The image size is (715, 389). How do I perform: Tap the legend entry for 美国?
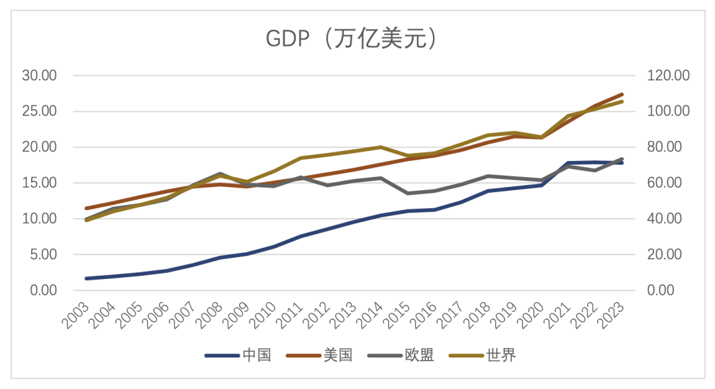pyautogui.click(x=338, y=355)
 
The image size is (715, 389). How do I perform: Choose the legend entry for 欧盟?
pyautogui.click(x=419, y=355)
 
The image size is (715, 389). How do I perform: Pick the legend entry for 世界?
pyautogui.click(x=501, y=355)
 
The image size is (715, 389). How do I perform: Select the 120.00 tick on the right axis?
pyautogui.click(x=668, y=76)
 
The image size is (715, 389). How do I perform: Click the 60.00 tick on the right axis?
pyautogui.click(x=665, y=183)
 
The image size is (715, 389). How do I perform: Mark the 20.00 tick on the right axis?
pyautogui.click(x=665, y=254)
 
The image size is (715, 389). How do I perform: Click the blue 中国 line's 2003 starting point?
pyautogui.click(x=87, y=278)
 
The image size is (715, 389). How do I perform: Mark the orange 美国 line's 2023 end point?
pyautogui.click(x=622, y=94)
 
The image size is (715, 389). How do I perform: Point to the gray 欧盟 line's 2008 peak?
pyautogui.click(x=220, y=174)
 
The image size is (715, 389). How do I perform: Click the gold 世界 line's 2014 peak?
pyautogui.click(x=381, y=147)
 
